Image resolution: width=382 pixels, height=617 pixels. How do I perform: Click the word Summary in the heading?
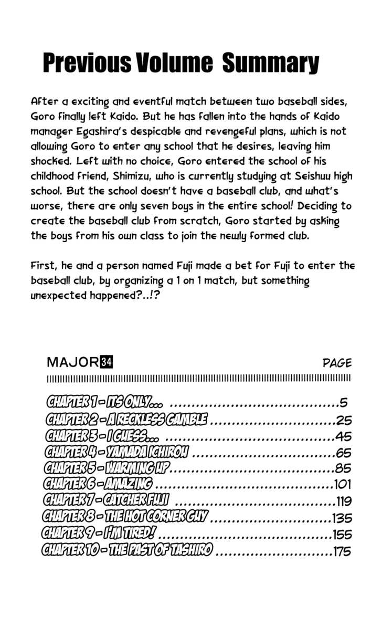tap(270, 64)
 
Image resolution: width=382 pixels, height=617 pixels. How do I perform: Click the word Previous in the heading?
tap(87, 64)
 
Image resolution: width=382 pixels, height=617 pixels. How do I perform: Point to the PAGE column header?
tap(337, 363)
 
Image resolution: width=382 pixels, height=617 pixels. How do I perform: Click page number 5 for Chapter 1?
tap(344, 403)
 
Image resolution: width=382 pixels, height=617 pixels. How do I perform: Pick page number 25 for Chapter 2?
tap(344, 420)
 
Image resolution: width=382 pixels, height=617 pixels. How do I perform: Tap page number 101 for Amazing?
tap(343, 484)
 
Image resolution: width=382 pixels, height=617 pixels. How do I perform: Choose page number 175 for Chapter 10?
tap(342, 551)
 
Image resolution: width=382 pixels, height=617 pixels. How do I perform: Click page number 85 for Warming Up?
tap(344, 468)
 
